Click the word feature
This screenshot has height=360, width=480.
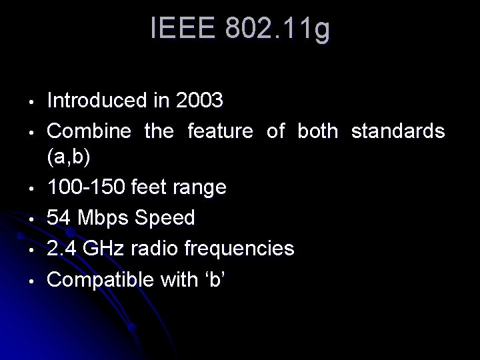[220, 131]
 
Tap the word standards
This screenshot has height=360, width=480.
[397, 131]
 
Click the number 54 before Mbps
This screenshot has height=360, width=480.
[59, 218]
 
